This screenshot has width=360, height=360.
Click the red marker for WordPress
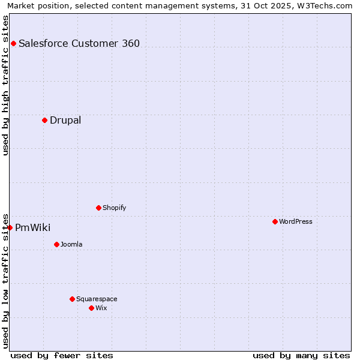[x=275, y=221]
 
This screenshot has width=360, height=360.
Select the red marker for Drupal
[x=44, y=120]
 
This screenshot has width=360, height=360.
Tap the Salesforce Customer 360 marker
[x=13, y=43]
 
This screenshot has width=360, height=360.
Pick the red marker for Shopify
[x=98, y=208]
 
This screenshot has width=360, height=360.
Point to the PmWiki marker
[x=10, y=227]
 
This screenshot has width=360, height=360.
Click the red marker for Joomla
[x=56, y=244]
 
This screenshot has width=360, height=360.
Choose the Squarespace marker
[x=72, y=299]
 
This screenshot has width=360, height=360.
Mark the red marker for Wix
[x=91, y=308]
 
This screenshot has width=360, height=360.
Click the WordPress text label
[x=296, y=221]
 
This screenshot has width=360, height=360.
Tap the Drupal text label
[x=65, y=120]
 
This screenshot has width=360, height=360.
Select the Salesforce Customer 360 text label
[x=79, y=43]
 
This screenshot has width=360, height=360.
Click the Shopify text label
[x=115, y=208]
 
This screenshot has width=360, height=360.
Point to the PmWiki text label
[x=33, y=227]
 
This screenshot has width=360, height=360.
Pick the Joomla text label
[x=71, y=244]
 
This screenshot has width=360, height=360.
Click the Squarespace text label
[x=97, y=299]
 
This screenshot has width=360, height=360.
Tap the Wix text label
[x=101, y=308]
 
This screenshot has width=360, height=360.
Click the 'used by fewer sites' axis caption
[x=62, y=355]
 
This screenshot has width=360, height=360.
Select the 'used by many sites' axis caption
[x=301, y=355]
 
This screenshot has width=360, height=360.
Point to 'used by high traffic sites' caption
[x=5, y=85]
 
